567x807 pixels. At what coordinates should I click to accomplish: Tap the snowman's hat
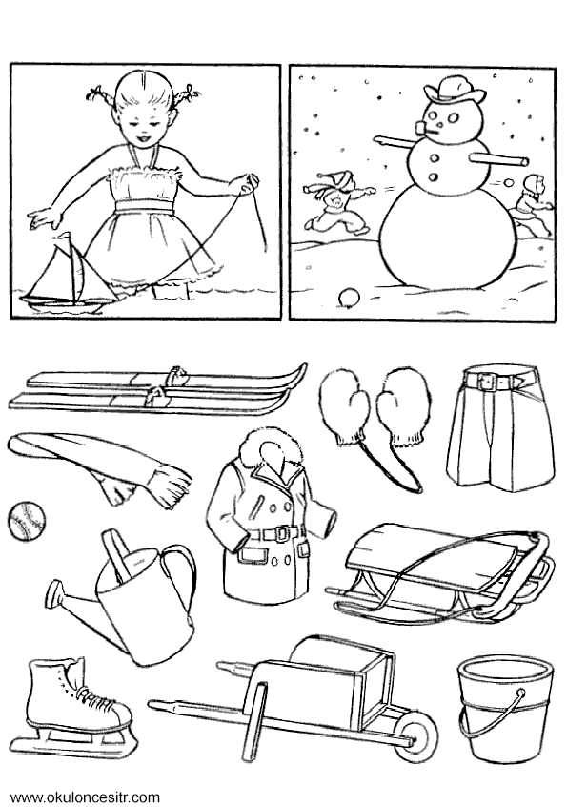[454, 90]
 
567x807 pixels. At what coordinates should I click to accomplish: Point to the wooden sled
[441, 575]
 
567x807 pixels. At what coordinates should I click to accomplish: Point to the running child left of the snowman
[335, 205]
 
